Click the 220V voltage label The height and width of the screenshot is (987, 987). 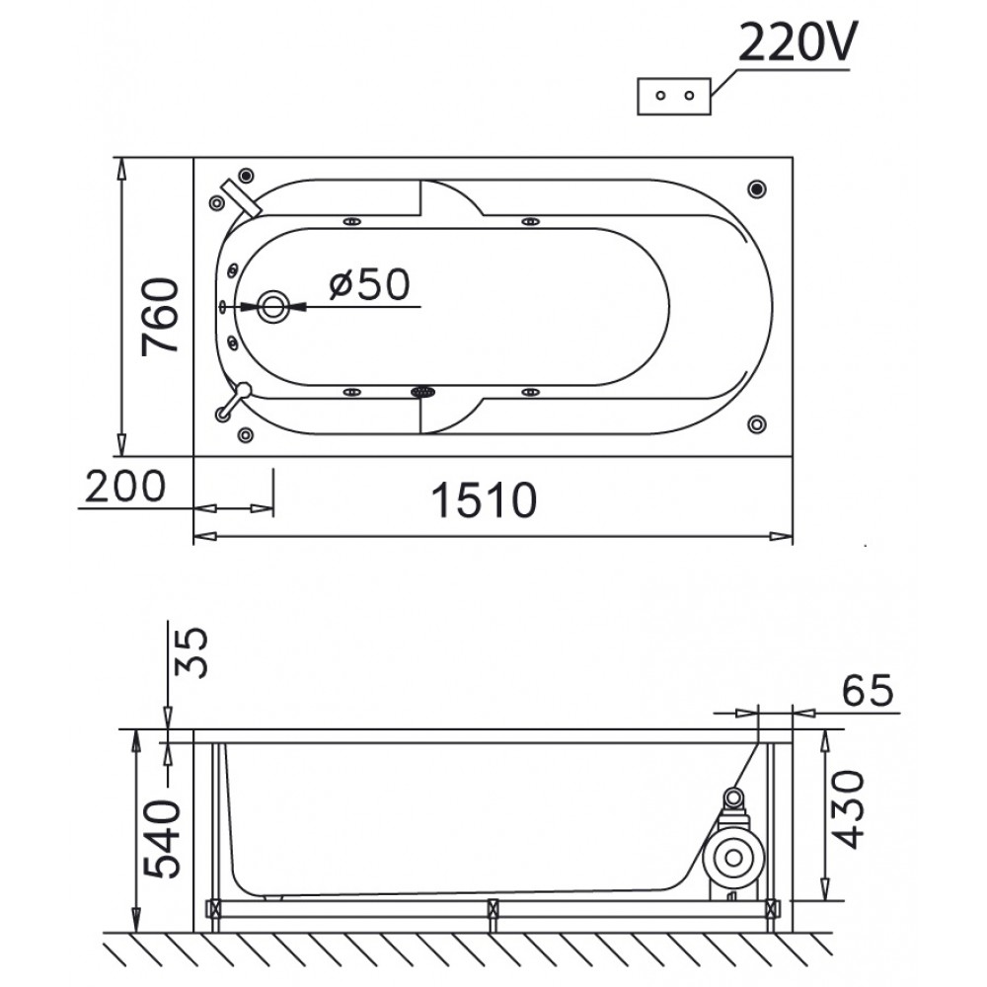pos(797,42)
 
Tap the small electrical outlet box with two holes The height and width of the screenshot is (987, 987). pos(674,97)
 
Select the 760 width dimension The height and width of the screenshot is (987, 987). pos(160,317)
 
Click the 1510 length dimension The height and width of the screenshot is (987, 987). pos(484,500)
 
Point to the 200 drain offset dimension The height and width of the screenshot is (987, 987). pos(124,487)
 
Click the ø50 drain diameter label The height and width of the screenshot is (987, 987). pos(369,284)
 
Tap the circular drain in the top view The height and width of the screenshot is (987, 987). pos(273,307)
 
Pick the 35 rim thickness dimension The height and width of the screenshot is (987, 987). pos(190,652)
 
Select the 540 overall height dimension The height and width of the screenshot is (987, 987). pos(162,839)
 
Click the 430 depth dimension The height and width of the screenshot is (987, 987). pos(845,809)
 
